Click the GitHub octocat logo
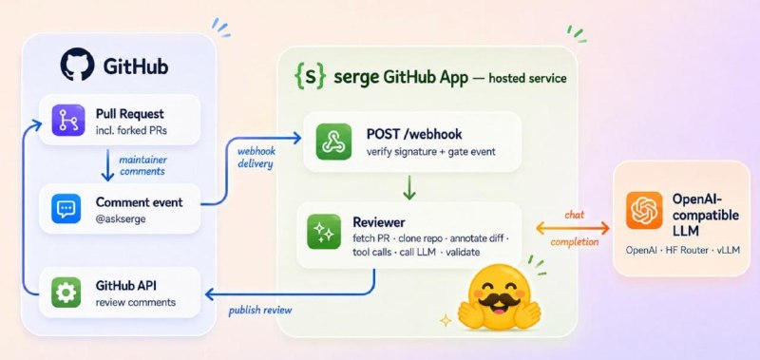pos(78,64)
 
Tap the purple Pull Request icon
pos(68,121)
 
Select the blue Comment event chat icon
pos(66,209)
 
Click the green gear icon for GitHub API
pos(66,293)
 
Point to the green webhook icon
pos(333,142)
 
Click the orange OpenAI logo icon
pos(644,210)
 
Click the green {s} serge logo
pos(308,78)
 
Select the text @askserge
pos(121,219)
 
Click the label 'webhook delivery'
pos(256,158)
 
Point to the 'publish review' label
pos(260,310)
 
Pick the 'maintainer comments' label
pos(142,165)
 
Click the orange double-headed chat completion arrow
pos(573,228)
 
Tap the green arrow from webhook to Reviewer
pos(409,187)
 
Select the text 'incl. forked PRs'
pos(131,130)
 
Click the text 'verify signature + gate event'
pos(431,152)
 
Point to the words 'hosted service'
pos(527,78)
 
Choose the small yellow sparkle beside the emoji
pos(446,320)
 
